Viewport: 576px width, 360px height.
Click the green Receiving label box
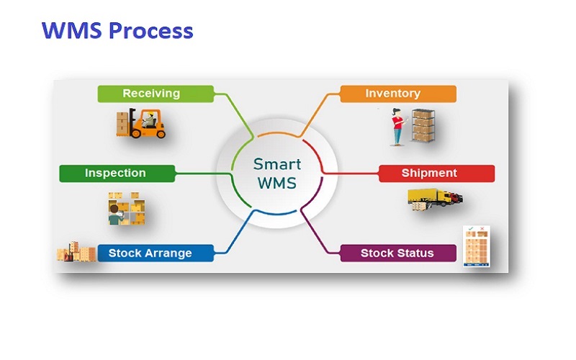[156, 94]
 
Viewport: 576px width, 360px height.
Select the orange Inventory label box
[398, 94]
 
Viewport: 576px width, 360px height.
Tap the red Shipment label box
[436, 174]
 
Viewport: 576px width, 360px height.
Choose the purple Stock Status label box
[398, 253]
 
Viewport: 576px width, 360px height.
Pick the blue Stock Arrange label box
[156, 253]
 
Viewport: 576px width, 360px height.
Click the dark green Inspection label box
[117, 174]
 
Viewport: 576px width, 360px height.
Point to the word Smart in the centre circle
[277, 164]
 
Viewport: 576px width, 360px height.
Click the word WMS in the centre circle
[277, 183]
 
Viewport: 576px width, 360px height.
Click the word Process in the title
[151, 30]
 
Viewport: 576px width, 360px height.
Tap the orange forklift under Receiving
[147, 123]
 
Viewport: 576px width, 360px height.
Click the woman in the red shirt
[397, 127]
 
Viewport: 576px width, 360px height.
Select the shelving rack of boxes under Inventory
[423, 125]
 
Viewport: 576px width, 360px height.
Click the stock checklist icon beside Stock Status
[477, 246]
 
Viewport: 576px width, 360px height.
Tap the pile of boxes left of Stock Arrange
[76, 251]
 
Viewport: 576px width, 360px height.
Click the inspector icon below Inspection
[127, 208]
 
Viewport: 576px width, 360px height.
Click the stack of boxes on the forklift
[122, 124]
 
